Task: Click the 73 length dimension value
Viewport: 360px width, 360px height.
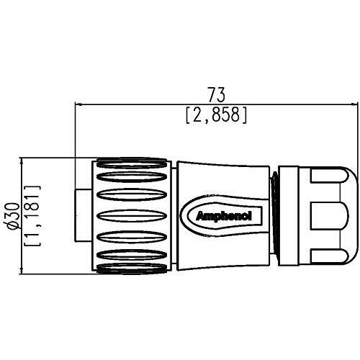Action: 216,94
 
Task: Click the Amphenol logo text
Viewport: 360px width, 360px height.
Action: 224,217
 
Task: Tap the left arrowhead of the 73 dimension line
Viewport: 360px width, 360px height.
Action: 78,104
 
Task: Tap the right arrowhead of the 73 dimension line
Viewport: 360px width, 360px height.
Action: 354,104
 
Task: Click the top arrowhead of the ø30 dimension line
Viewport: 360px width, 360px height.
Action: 22,161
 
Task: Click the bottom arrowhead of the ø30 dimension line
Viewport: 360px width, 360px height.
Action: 22,270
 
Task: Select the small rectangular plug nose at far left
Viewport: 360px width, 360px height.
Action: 84,215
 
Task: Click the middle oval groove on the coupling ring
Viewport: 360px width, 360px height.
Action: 132,215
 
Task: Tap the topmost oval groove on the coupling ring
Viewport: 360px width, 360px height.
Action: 132,163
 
